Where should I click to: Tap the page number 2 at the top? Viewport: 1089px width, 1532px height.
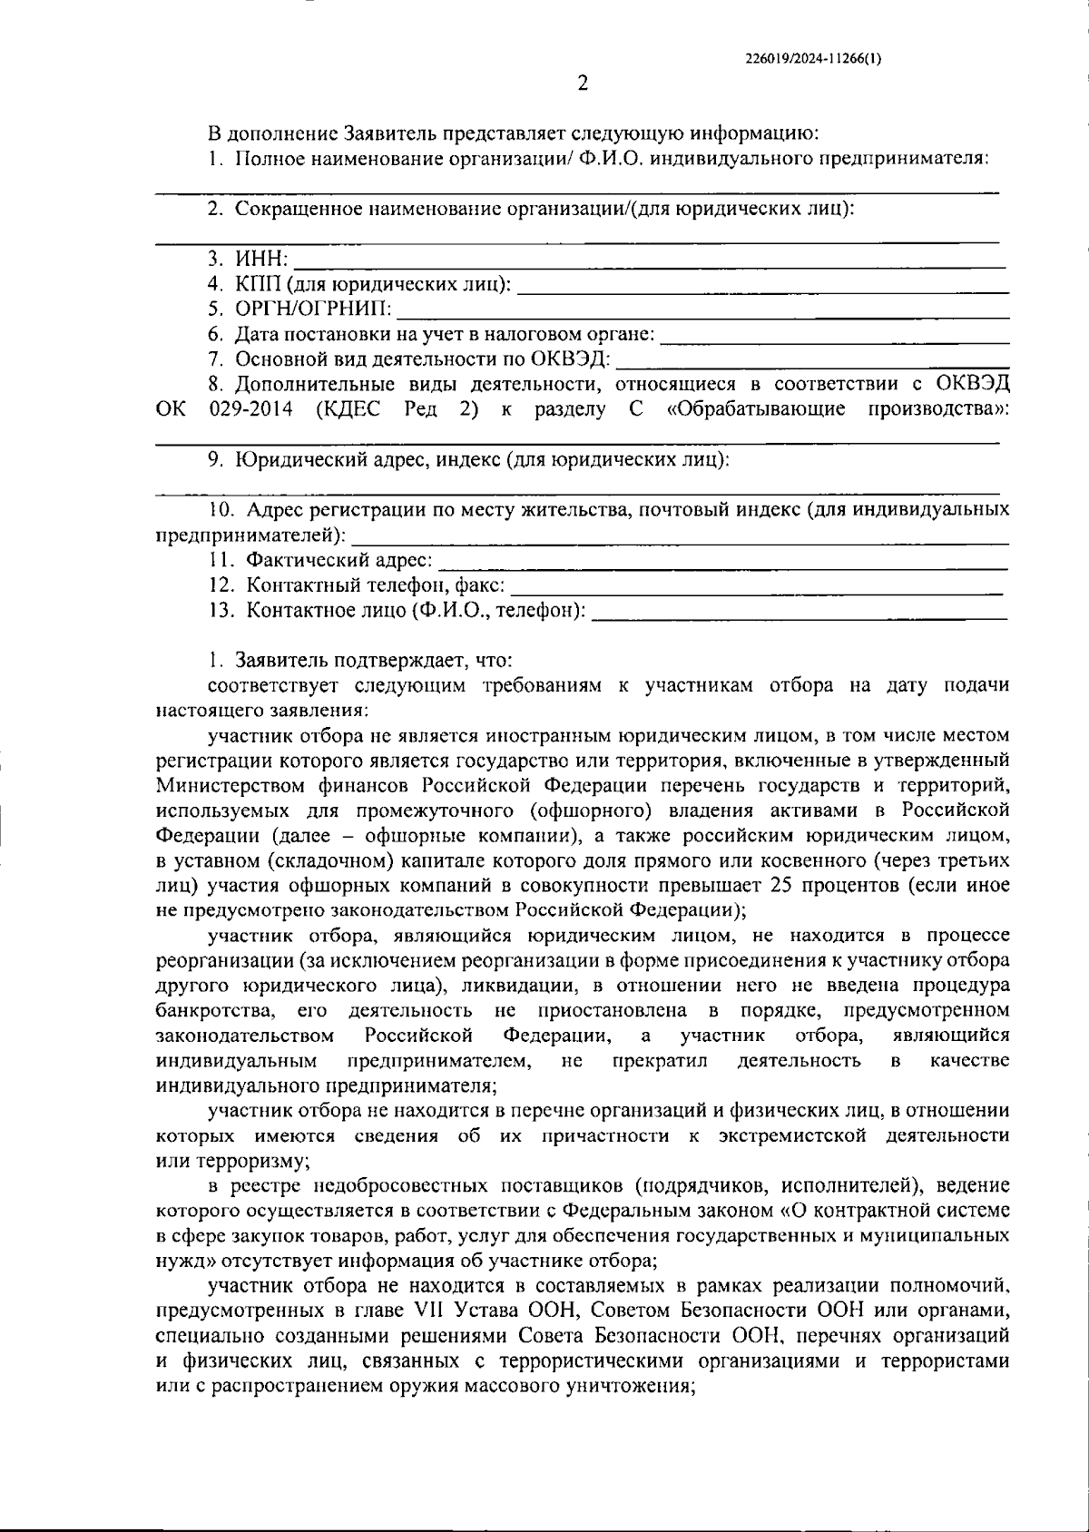pyautogui.click(x=583, y=84)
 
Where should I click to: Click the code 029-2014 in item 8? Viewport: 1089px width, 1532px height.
pyautogui.click(x=250, y=409)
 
